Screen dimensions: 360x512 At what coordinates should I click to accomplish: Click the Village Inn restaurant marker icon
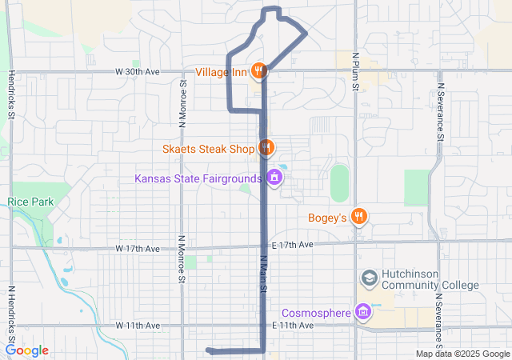[258, 71]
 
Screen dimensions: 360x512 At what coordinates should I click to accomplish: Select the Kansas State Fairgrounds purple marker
[275, 177]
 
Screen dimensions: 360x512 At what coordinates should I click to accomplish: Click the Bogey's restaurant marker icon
[360, 216]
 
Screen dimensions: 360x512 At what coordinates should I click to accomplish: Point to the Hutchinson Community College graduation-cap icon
[370, 278]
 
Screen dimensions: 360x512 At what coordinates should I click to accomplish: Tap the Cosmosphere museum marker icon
[363, 311]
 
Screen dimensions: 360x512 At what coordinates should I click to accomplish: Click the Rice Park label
[31, 202]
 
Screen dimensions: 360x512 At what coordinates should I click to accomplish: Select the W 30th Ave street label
[138, 71]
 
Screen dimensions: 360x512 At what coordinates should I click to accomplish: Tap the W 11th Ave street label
[138, 326]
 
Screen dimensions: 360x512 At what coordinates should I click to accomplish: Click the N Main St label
[262, 271]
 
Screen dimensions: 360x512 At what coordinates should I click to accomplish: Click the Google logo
[27, 350]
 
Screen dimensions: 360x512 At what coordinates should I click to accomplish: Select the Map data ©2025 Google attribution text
[462, 354]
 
